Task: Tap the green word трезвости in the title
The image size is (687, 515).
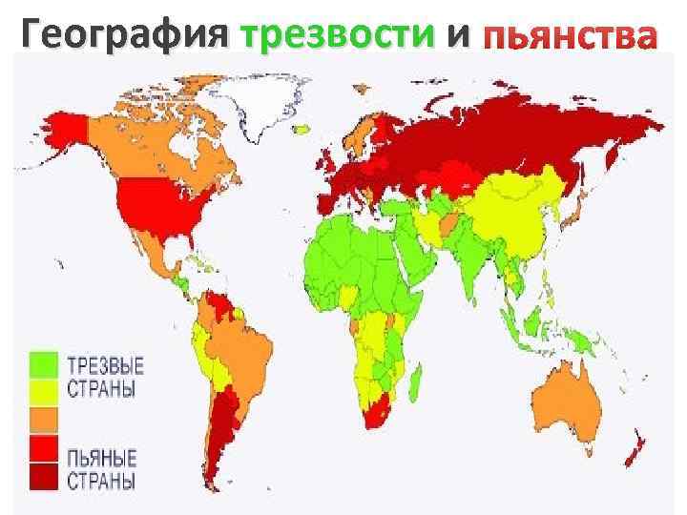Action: pos(339,35)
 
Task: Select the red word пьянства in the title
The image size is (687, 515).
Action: pos(570,37)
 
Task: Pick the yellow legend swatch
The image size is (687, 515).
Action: pos(44,391)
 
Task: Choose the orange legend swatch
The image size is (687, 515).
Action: pos(44,420)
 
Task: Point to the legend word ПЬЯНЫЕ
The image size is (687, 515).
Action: pos(101,455)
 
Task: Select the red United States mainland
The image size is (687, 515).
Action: pos(153,210)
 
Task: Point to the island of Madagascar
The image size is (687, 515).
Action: pos(420,381)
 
